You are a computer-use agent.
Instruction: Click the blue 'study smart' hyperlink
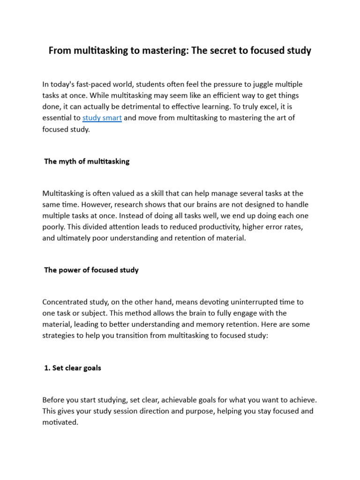click(x=102, y=118)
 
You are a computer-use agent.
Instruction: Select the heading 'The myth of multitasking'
click(x=87, y=161)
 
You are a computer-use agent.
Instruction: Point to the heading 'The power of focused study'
click(x=91, y=270)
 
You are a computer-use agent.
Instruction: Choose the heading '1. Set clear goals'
click(x=73, y=368)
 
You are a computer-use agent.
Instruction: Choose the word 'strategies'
click(x=58, y=336)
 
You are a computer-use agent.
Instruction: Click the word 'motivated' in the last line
click(x=60, y=422)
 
